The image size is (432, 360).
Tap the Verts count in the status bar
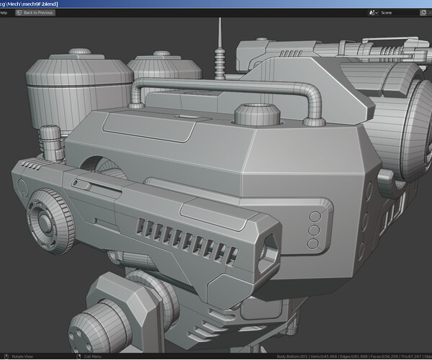click(x=324, y=356)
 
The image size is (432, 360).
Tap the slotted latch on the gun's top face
click(x=83, y=185)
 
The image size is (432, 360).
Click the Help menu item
click(x=4, y=12)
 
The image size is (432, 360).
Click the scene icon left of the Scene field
click(x=373, y=12)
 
